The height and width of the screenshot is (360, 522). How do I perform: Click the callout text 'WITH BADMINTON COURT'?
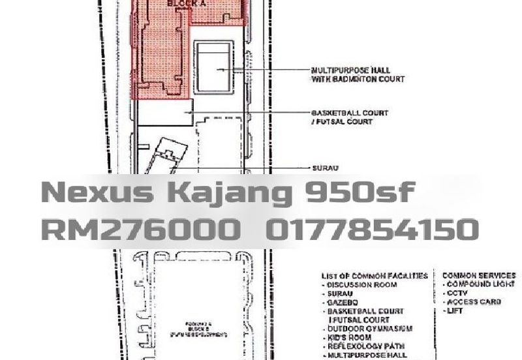(x=358, y=79)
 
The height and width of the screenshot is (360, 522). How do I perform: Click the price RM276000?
(x=139, y=229)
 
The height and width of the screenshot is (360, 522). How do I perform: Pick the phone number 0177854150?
(x=373, y=229)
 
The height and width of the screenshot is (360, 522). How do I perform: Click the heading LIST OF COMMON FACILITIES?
(x=375, y=276)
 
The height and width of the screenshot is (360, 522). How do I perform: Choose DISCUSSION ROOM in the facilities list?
(x=362, y=285)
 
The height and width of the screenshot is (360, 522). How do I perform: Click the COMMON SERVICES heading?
(x=479, y=276)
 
